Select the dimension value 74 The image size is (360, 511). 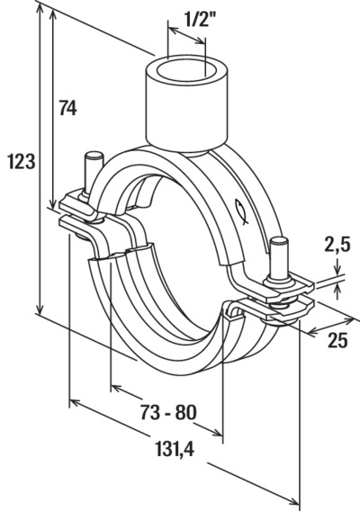(x=67, y=108)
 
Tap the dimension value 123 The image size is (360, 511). (x=22, y=162)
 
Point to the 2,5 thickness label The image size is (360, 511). (x=337, y=245)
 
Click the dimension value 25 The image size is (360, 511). (x=337, y=341)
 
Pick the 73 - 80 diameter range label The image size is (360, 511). (x=168, y=412)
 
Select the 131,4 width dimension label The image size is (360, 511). (x=175, y=448)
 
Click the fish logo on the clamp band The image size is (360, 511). (x=241, y=211)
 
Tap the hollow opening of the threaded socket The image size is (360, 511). (x=185, y=73)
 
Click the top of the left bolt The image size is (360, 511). (x=94, y=157)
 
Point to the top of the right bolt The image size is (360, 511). (x=280, y=242)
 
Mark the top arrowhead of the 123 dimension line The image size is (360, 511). (x=40, y=11)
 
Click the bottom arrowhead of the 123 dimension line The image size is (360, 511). (x=40, y=309)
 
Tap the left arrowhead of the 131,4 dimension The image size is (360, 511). (x=76, y=403)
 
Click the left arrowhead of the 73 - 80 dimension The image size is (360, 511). (x=117, y=389)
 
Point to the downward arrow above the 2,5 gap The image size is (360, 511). (x=337, y=268)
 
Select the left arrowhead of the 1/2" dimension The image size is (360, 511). (x=174, y=31)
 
